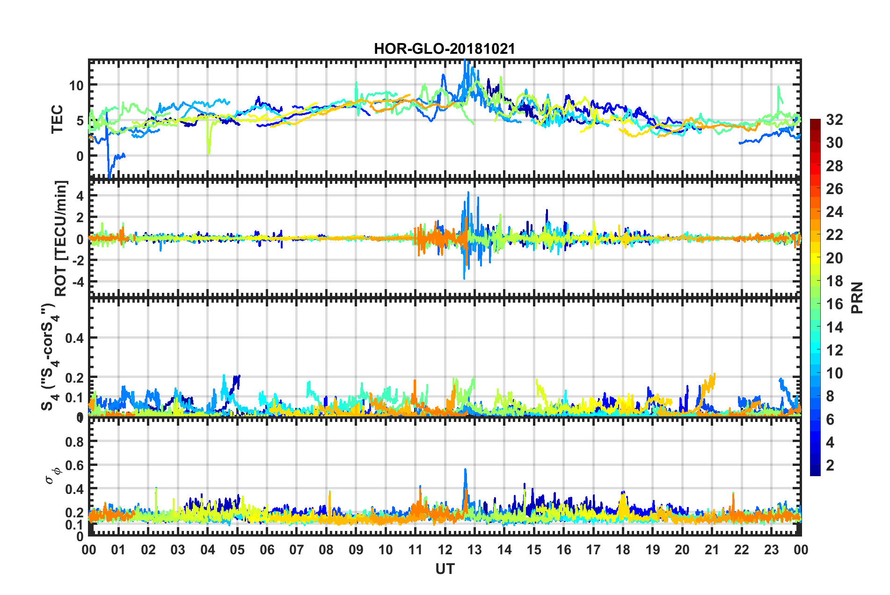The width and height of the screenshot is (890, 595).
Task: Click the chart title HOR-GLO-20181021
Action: [444, 49]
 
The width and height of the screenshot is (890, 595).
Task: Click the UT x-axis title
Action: [445, 569]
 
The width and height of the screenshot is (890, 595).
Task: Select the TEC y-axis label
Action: [57, 119]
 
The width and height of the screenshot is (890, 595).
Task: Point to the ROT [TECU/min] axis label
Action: [61, 238]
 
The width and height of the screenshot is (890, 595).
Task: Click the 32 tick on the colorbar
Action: [834, 120]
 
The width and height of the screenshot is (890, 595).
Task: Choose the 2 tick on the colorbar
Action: [830, 465]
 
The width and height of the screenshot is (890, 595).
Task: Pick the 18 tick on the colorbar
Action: [834, 281]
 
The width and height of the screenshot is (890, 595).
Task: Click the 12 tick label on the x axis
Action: [445, 550]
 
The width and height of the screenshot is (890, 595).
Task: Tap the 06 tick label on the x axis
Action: [267, 550]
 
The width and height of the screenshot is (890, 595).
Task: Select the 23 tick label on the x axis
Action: [771, 550]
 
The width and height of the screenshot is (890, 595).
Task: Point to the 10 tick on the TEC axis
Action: [76, 86]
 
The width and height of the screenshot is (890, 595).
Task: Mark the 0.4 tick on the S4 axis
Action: [74, 338]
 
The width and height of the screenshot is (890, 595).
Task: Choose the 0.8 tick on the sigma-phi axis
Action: [74, 442]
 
